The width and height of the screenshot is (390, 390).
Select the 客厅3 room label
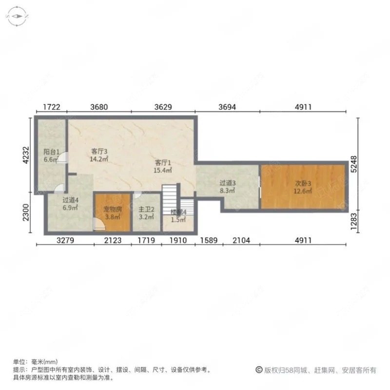pyautogui.click(x=99, y=151)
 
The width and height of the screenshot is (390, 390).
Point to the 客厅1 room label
pyautogui.click(x=163, y=163)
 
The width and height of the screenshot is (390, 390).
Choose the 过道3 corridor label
pyautogui.click(x=228, y=183)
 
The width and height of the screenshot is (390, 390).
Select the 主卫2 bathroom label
pyautogui.click(x=146, y=210)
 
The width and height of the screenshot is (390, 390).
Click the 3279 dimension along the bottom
pyautogui.click(x=65, y=240)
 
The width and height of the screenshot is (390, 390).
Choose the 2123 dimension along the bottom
pyautogui.click(x=113, y=240)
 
